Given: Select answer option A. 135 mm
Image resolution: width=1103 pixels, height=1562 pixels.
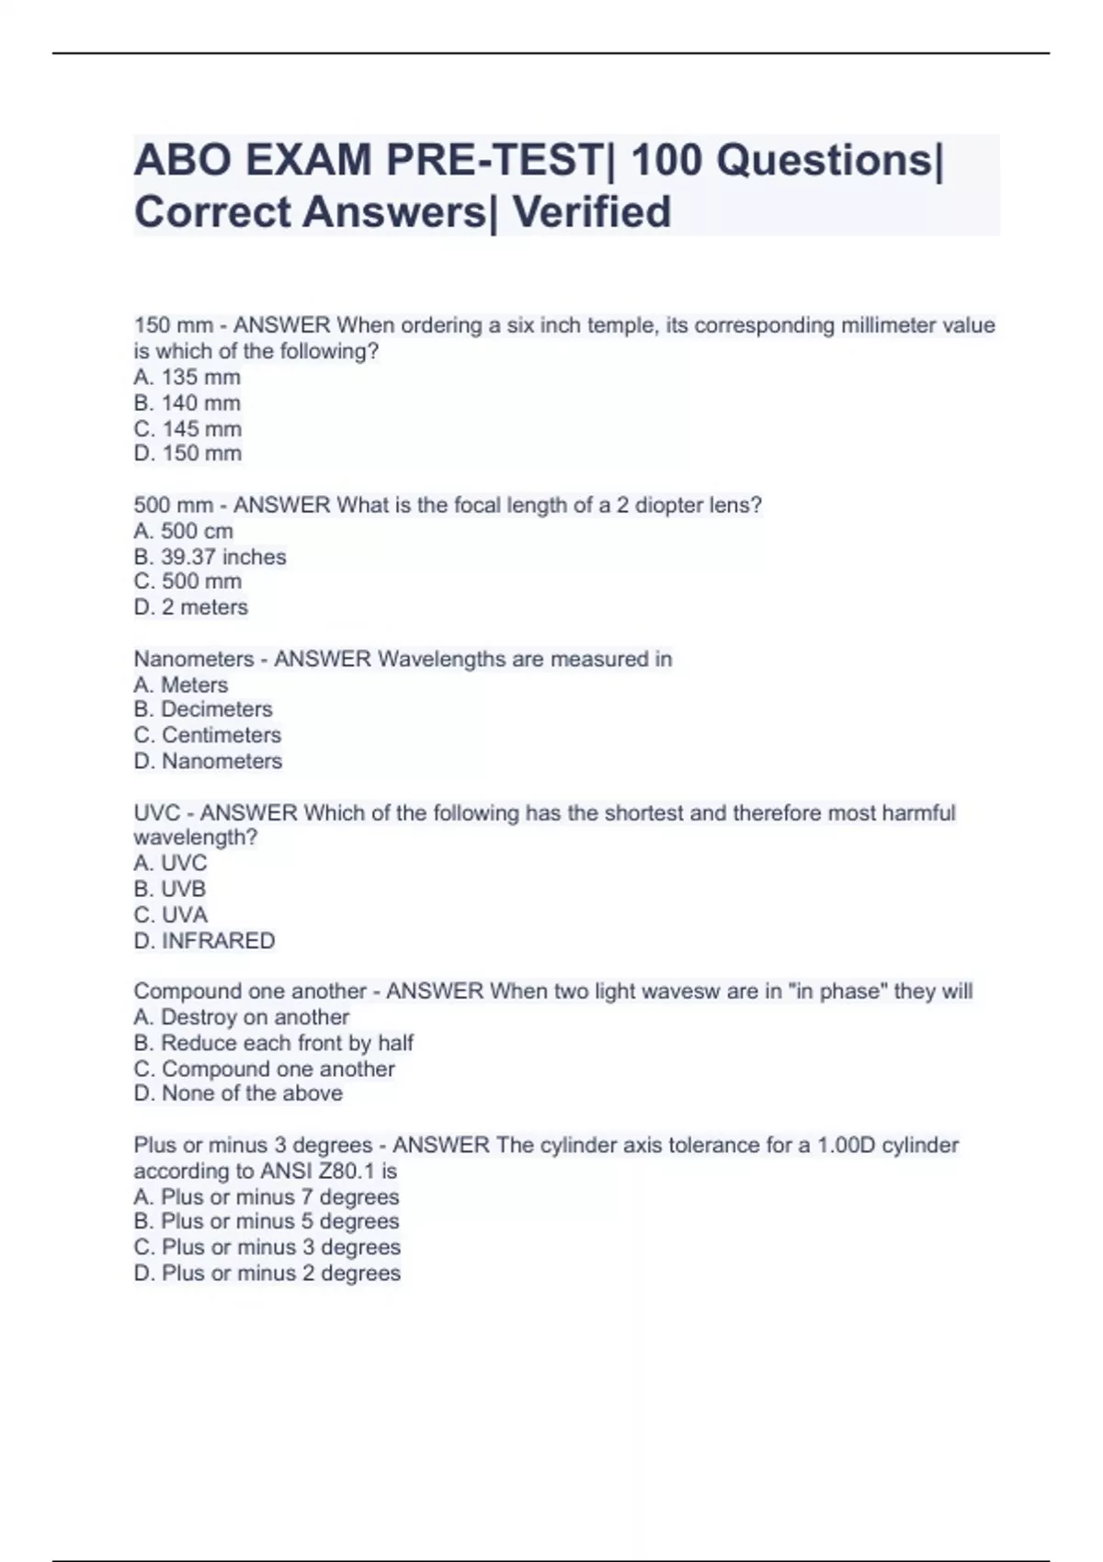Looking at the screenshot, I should pos(188,377).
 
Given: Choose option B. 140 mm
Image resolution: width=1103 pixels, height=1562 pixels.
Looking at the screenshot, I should pos(188,402).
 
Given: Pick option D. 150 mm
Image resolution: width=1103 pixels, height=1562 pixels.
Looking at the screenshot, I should pos(188,453).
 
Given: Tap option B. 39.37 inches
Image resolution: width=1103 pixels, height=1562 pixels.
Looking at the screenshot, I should pos(210,557).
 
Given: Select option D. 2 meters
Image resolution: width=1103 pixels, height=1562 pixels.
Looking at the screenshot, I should pos(191,607).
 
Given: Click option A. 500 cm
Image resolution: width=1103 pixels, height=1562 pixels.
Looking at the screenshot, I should pos(184,531).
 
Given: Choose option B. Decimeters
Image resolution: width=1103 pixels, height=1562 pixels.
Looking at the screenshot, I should pos(203,709).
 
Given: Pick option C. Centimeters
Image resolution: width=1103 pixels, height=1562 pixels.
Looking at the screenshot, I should pos(208,735).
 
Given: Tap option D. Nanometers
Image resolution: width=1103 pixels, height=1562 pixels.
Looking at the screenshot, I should pos(208,761).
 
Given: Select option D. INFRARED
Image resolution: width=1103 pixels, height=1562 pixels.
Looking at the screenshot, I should pos(204,941).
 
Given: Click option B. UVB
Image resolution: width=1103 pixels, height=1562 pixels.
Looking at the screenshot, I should pos(170,889).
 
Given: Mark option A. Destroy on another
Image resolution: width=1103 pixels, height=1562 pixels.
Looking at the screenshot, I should pos(242,1017).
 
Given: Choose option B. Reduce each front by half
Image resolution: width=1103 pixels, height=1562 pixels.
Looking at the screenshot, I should pos(274,1043).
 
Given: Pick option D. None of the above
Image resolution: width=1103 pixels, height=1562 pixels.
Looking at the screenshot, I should pos(238,1093).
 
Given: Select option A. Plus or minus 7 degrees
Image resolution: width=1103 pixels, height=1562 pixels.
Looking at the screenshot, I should pos(267,1197).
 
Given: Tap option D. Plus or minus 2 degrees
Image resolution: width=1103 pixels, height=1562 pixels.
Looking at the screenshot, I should pos(267,1273).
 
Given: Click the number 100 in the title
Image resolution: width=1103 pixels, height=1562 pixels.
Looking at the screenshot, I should pos(665,161).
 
